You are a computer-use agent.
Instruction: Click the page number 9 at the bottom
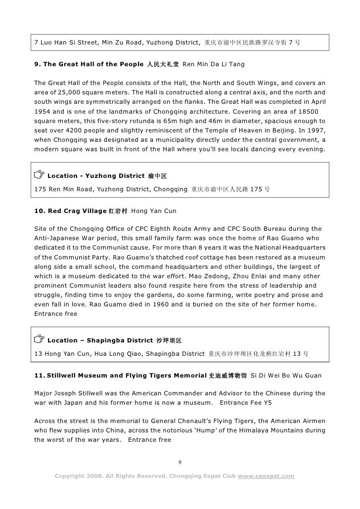tap(180, 462)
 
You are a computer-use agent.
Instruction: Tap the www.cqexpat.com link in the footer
tap(266, 476)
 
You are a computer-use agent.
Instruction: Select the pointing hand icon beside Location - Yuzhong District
tap(39, 175)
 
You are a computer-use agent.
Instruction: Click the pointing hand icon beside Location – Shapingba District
tap(39, 339)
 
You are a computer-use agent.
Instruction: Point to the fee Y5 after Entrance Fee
tap(266, 403)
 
